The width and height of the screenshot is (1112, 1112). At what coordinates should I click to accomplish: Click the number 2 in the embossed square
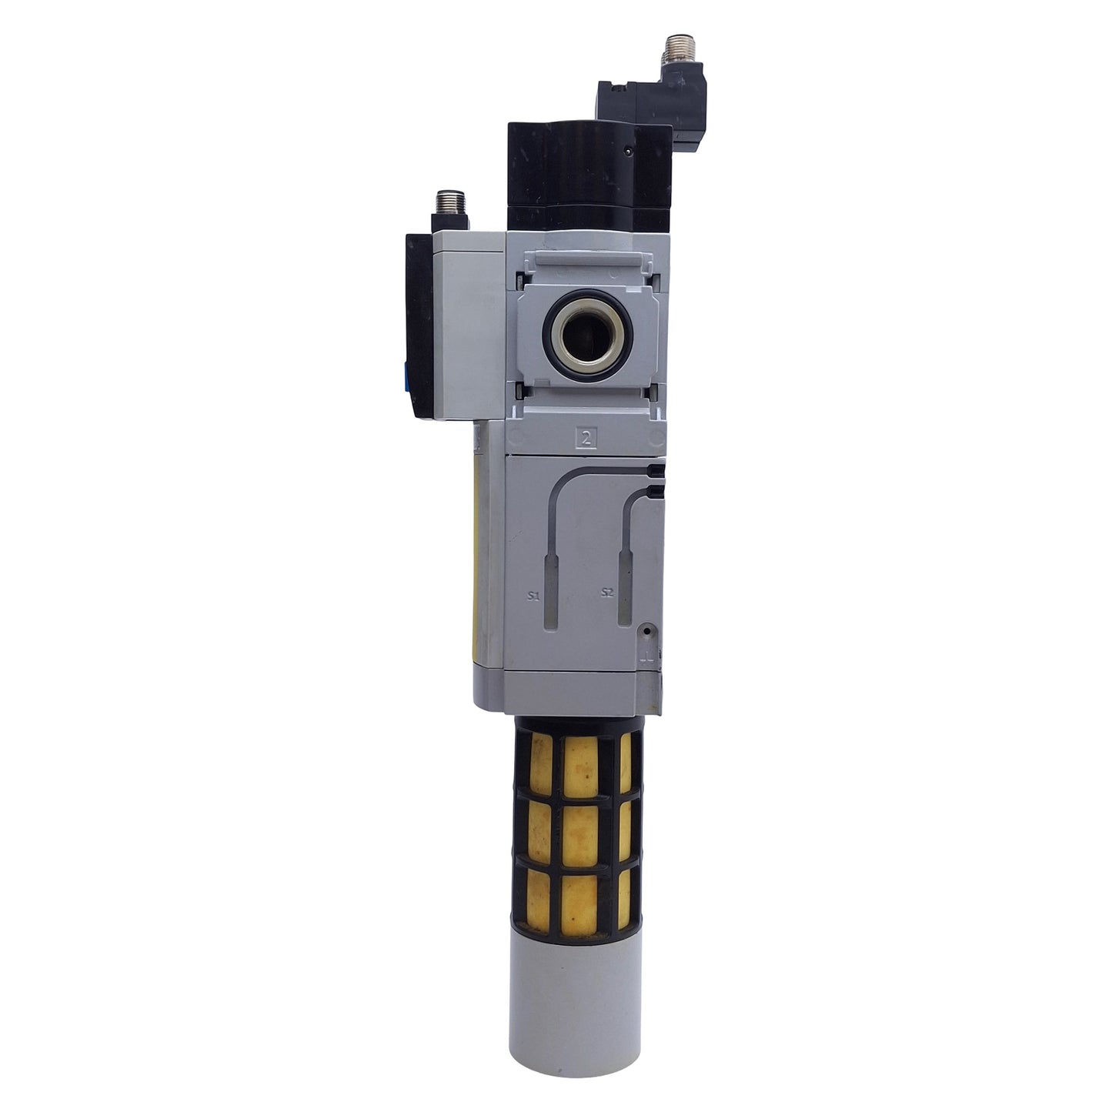[x=588, y=439]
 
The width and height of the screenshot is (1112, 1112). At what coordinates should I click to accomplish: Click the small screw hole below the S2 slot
[x=647, y=631]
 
